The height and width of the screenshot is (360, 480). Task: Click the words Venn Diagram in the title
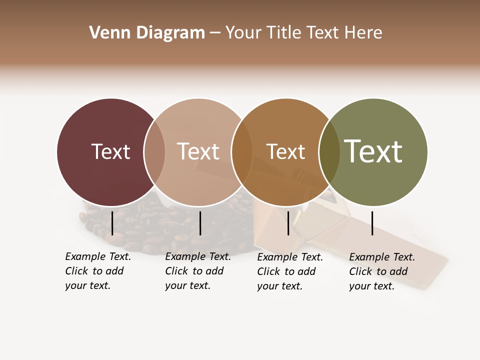(x=147, y=33)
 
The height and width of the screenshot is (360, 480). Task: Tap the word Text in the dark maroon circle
(x=110, y=151)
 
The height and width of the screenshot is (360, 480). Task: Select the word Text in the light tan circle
(x=198, y=151)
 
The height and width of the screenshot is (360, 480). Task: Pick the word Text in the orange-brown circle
(x=285, y=151)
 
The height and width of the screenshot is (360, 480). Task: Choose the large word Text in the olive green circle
(x=373, y=151)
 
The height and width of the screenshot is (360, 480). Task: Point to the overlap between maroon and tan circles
(x=154, y=152)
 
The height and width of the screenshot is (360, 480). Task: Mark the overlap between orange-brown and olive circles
(x=329, y=152)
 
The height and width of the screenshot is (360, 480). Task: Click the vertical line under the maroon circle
(x=112, y=223)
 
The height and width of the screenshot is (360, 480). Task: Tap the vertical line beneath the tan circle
(x=200, y=223)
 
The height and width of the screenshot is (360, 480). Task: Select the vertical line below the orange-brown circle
(x=288, y=223)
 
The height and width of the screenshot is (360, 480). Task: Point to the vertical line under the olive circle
(x=372, y=223)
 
